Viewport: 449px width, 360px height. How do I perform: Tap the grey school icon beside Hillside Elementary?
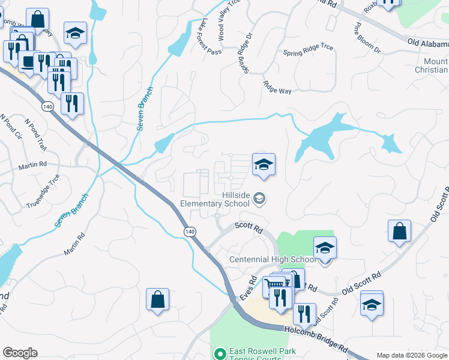pyautogui.click(x=259, y=198)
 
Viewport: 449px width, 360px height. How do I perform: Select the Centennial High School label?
pyautogui.click(x=273, y=259)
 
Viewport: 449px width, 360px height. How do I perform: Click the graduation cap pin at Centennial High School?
pyautogui.click(x=324, y=248)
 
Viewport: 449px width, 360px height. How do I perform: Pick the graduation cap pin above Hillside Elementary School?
pyautogui.click(x=263, y=164)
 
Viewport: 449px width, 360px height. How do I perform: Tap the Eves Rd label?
pyautogui.click(x=249, y=289)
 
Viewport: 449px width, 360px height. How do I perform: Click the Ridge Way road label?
pyautogui.click(x=277, y=87)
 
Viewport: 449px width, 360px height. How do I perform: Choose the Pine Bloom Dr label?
pyautogui.click(x=367, y=39)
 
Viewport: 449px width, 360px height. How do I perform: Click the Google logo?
pyautogui.click(x=20, y=353)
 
